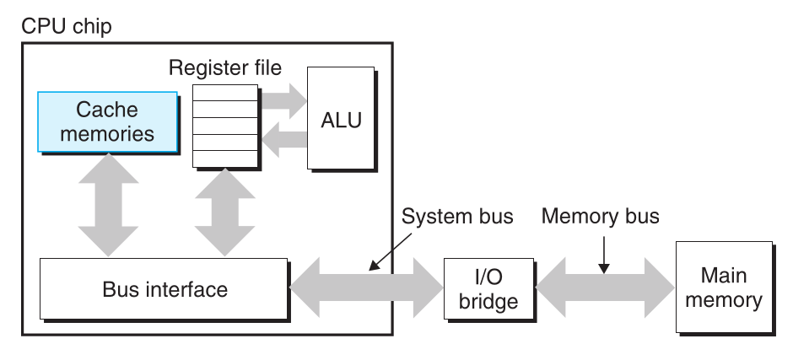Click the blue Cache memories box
[x=107, y=121]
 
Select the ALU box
[x=341, y=118]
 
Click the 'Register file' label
[x=224, y=67]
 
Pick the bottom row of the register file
[x=224, y=159]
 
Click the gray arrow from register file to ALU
[x=283, y=101]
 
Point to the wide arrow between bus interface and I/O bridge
[x=366, y=286]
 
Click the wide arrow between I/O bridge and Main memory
[x=606, y=286]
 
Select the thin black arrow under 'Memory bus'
[x=605, y=255]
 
